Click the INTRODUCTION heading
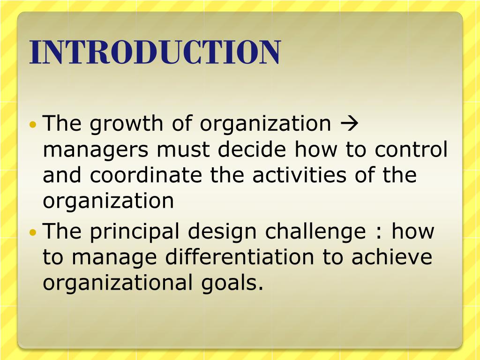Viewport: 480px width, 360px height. pos(155,52)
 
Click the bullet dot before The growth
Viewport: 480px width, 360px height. pos(33,125)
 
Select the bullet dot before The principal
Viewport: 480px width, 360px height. pos(33,232)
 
